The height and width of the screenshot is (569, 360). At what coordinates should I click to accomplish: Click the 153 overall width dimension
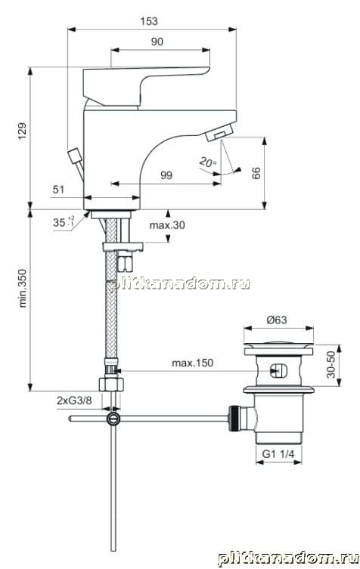tap(149, 21)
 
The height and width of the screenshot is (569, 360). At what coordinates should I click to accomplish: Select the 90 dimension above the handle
tap(157, 42)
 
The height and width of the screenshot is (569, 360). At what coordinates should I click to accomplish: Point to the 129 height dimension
tap(23, 131)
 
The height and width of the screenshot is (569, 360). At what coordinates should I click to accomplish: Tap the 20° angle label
tap(207, 162)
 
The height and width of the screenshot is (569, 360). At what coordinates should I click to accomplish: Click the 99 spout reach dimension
tap(166, 175)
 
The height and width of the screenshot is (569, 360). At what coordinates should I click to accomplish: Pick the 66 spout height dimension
tap(256, 173)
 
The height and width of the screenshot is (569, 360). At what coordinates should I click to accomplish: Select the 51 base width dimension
tap(58, 190)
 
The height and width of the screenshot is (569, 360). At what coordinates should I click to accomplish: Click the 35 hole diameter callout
tap(64, 221)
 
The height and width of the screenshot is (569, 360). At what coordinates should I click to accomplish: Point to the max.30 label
tap(167, 225)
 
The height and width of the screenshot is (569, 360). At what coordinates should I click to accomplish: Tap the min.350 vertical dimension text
tap(23, 288)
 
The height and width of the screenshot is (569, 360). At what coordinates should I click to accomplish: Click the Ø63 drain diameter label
tap(277, 320)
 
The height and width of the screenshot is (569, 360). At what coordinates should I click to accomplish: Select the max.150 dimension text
tap(193, 363)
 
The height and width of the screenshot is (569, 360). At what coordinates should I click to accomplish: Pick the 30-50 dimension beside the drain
tap(331, 364)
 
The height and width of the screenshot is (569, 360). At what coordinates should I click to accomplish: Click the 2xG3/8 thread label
tap(74, 400)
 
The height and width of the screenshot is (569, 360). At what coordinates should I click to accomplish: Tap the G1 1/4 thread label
tap(278, 453)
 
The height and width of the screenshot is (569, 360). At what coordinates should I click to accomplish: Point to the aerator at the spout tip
tap(219, 132)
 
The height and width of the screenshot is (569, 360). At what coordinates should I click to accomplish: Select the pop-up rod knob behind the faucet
tap(75, 156)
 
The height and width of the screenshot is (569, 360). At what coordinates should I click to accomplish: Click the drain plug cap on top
tap(278, 343)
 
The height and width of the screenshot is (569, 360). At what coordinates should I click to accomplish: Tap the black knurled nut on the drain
tap(233, 419)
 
